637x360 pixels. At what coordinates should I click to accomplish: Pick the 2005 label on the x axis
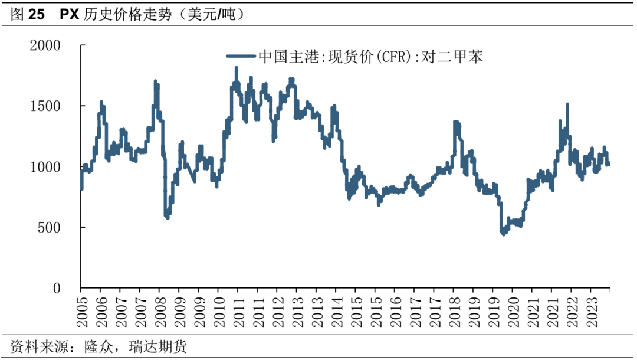pyautogui.click(x=81, y=309)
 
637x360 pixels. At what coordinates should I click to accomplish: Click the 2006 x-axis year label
pyautogui.click(x=101, y=309)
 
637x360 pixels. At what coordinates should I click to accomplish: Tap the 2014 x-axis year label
pyautogui.click(x=336, y=309)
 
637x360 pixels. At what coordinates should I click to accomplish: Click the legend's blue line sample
pyautogui.click(x=241, y=57)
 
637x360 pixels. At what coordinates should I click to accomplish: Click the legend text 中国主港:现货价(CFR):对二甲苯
pyautogui.click(x=370, y=57)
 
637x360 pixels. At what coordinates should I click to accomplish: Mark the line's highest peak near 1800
pyautogui.click(x=236, y=68)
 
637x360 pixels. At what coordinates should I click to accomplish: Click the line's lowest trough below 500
pyautogui.click(x=503, y=234)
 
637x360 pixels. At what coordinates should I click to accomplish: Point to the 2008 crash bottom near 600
pyautogui.click(x=168, y=218)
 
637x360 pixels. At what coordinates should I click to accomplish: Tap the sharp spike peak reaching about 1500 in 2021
pyautogui.click(x=567, y=104)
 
